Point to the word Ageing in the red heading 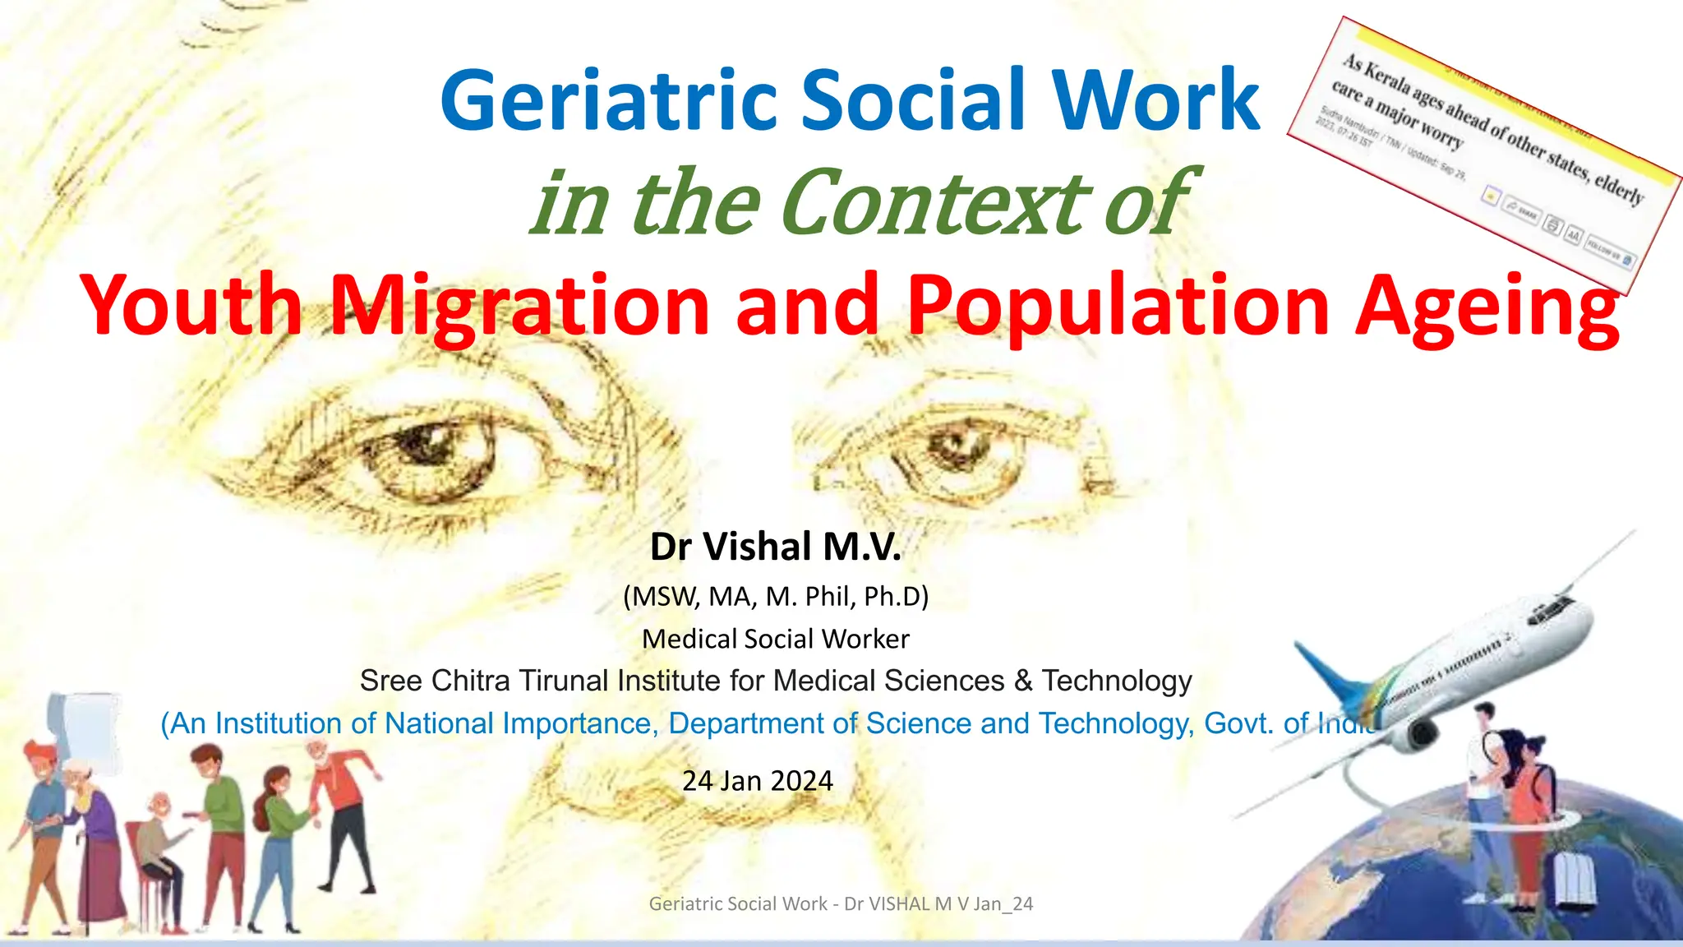[1487, 306]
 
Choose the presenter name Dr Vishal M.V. [775, 547]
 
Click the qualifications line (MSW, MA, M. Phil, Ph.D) [775, 596]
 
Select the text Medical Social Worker [775, 639]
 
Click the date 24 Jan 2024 [757, 780]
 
